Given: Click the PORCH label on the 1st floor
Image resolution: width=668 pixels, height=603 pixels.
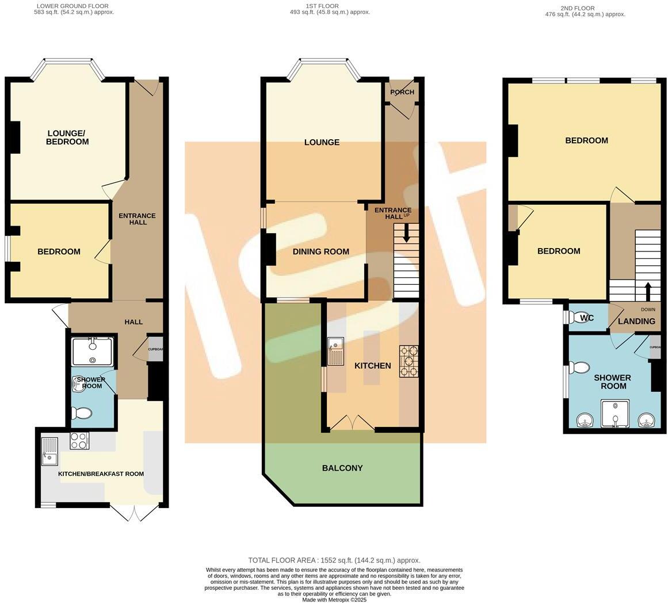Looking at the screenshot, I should click(402, 92).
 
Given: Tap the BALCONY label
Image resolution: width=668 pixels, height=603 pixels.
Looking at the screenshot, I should click(342, 468).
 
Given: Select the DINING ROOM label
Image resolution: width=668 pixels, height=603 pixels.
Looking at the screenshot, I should click(320, 251).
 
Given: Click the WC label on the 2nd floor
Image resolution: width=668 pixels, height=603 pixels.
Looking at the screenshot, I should click(587, 318).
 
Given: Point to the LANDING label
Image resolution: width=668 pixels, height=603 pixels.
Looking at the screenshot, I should click(636, 321).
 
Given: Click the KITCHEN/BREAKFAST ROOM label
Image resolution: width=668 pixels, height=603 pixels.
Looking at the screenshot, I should click(101, 474).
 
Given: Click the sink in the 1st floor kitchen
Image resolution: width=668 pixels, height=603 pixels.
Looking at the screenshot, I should click(335, 351).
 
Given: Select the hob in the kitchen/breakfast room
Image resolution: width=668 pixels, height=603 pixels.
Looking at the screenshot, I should click(79, 441).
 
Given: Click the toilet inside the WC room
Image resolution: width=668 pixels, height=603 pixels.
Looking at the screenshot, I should click(575, 318).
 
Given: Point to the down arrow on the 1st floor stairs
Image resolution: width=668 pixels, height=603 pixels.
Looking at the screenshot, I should click(406, 234).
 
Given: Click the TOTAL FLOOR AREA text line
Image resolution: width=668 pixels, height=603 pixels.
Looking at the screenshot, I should click(334, 560).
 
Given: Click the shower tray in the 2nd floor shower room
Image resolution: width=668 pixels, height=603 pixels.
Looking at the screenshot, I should click(615, 414).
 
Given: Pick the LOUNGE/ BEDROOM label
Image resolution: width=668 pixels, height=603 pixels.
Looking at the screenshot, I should click(67, 138).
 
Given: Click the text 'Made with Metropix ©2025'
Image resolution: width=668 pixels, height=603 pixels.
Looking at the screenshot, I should click(334, 600).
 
